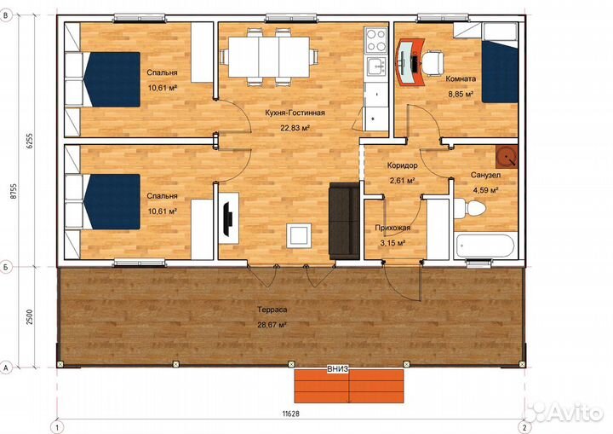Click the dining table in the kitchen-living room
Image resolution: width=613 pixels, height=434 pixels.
(x=269, y=57)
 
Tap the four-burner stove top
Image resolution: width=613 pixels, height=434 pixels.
(x=376, y=41)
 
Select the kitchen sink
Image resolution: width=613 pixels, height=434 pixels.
(x=376, y=67)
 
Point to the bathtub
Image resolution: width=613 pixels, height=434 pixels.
(x=484, y=246)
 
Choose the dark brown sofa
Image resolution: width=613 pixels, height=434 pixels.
(x=344, y=221)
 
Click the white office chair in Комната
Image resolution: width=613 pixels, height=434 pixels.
(x=433, y=61)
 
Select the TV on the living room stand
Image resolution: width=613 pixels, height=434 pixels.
(x=227, y=218)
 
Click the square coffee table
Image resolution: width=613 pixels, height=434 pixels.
(x=299, y=235)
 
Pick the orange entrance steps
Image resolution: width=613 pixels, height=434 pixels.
(x=349, y=385)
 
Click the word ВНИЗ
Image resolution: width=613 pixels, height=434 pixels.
(x=337, y=369)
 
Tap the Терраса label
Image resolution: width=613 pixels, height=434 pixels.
(x=272, y=310)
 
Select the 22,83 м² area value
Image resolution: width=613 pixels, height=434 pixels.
(x=295, y=127)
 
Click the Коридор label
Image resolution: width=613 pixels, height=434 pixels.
(x=402, y=165)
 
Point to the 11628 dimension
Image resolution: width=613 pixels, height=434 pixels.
(x=291, y=414)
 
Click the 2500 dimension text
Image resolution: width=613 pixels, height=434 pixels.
(x=30, y=317)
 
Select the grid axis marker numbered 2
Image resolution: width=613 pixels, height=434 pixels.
(x=524, y=427)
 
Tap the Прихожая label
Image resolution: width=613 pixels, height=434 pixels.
(x=392, y=228)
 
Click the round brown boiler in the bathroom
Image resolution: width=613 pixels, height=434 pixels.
(x=507, y=157)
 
